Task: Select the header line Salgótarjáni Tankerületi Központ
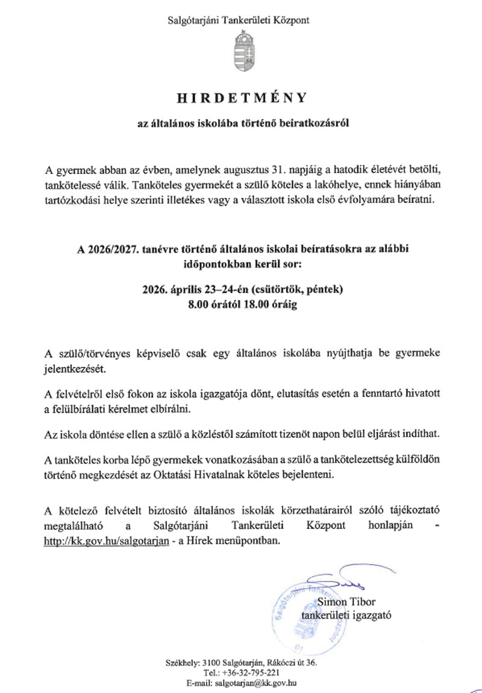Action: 241,20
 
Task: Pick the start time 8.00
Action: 197,305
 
